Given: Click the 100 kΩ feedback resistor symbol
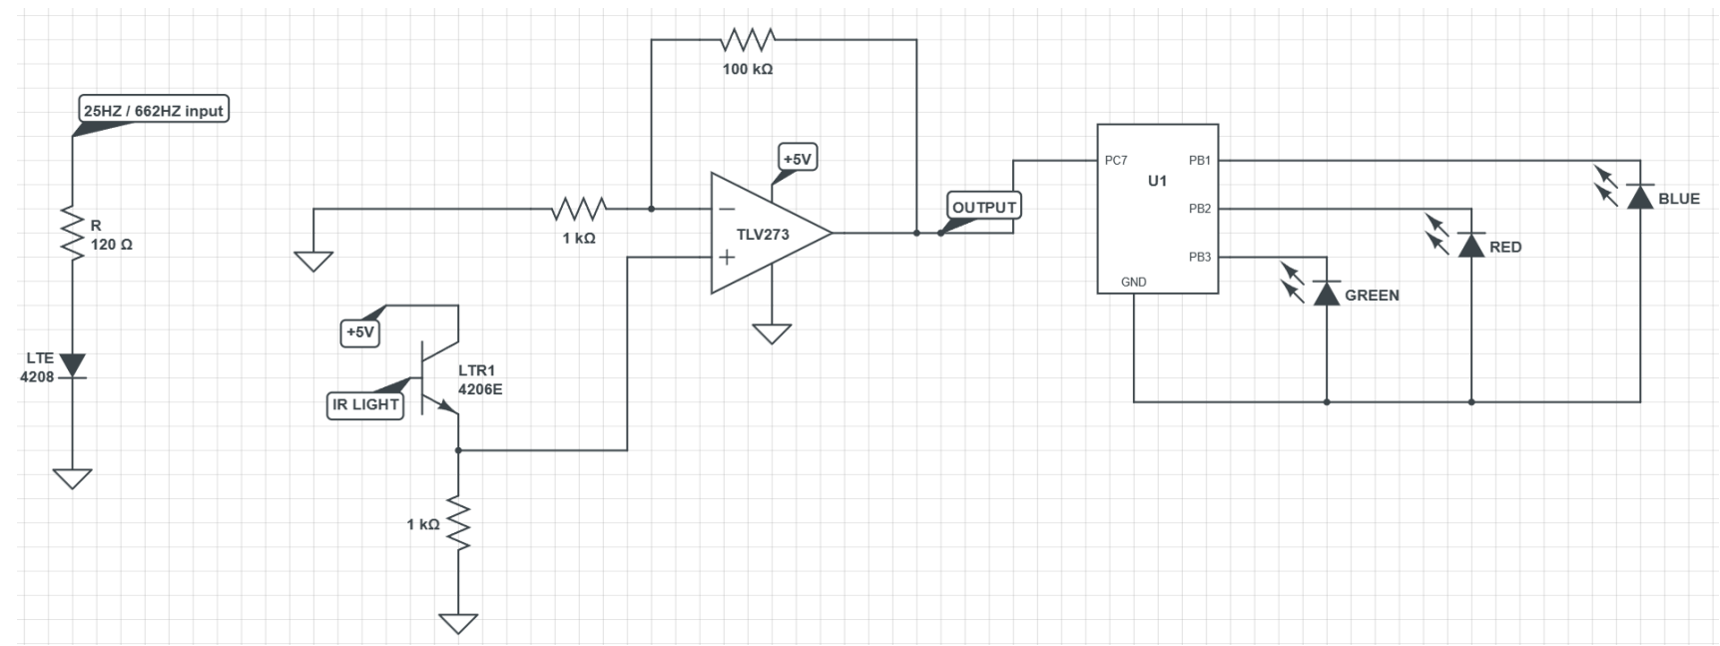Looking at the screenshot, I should click(748, 40).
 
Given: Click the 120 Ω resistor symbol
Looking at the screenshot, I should click(72, 232).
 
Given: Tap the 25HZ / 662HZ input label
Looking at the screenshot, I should click(154, 111).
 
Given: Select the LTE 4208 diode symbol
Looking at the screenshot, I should click(72, 365).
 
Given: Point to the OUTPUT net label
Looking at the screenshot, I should click(983, 208).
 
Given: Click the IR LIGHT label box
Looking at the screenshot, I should click(365, 404).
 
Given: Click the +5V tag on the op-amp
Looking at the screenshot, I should click(797, 159).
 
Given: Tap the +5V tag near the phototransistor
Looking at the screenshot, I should click(360, 332).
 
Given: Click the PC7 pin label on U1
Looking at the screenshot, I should click(1116, 161).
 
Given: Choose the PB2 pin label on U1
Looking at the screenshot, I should click(1199, 209).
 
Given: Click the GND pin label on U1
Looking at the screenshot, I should click(1133, 282).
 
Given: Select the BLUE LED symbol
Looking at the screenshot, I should click(1639, 197).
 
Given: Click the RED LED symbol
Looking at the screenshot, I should click(1471, 245).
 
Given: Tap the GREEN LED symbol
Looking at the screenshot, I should click(1326, 293).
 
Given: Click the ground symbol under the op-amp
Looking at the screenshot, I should click(771, 332).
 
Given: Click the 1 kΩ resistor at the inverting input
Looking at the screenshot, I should click(579, 209).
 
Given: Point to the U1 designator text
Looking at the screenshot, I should click(1157, 181).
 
